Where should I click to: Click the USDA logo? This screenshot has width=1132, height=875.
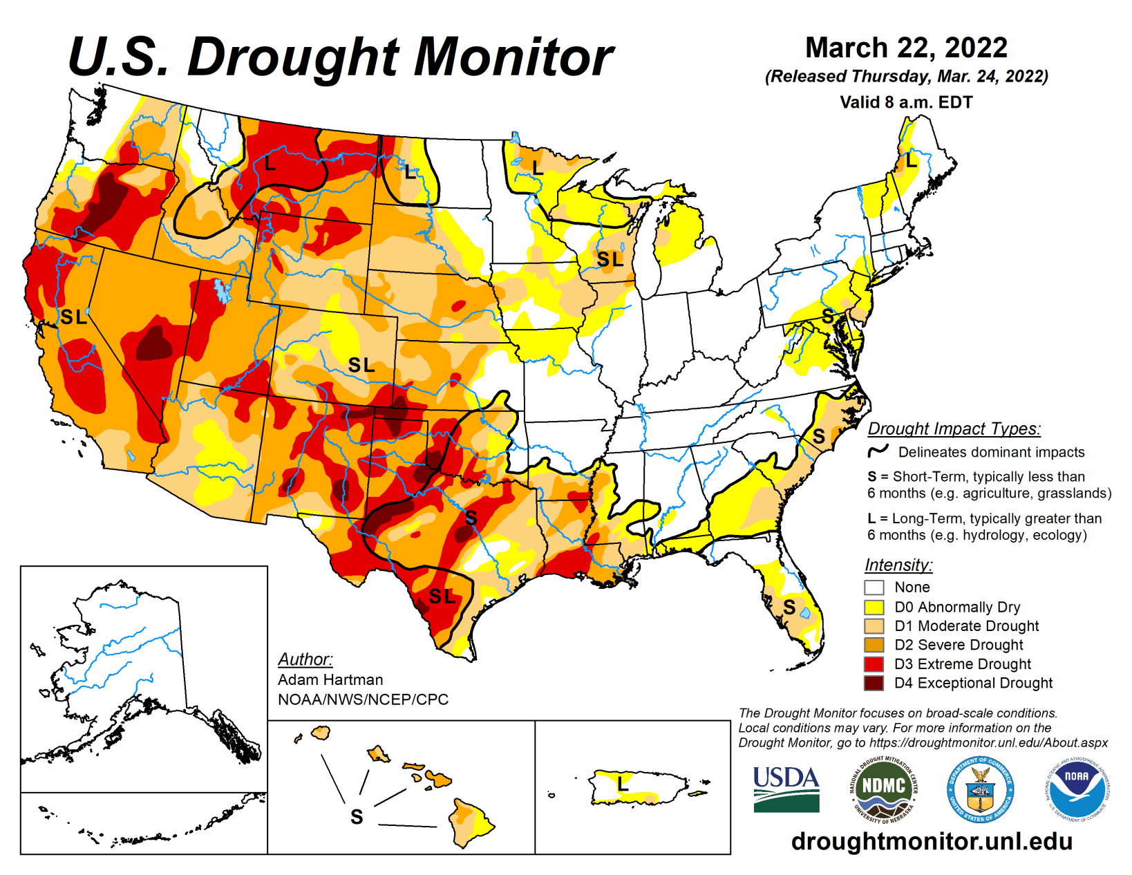[x=786, y=789]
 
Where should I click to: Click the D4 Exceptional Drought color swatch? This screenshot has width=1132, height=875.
[x=874, y=683]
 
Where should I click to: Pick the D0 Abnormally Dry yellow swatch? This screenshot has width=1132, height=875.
[x=874, y=607]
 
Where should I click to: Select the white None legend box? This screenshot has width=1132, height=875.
[x=874, y=587]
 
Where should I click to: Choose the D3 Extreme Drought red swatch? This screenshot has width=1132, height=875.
[x=874, y=664]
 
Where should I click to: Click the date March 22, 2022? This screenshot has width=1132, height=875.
[x=906, y=48]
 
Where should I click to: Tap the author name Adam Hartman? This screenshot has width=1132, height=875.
[x=330, y=679]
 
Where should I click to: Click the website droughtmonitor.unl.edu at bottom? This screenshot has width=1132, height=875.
[x=932, y=841]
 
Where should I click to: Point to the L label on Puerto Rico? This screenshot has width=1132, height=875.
[x=623, y=783]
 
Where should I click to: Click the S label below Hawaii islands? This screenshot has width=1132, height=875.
[x=357, y=817]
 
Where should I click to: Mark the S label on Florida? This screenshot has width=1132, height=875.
[x=789, y=607]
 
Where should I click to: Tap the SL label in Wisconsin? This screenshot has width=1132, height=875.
[x=610, y=259]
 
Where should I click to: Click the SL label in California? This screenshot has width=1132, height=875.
[x=73, y=317]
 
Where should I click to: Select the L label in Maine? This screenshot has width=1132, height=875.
[x=912, y=161]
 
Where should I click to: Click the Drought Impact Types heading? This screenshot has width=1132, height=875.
[x=954, y=429]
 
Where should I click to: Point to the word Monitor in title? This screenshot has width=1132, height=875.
[x=513, y=57]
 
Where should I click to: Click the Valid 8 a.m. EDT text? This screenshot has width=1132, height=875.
[x=906, y=102]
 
